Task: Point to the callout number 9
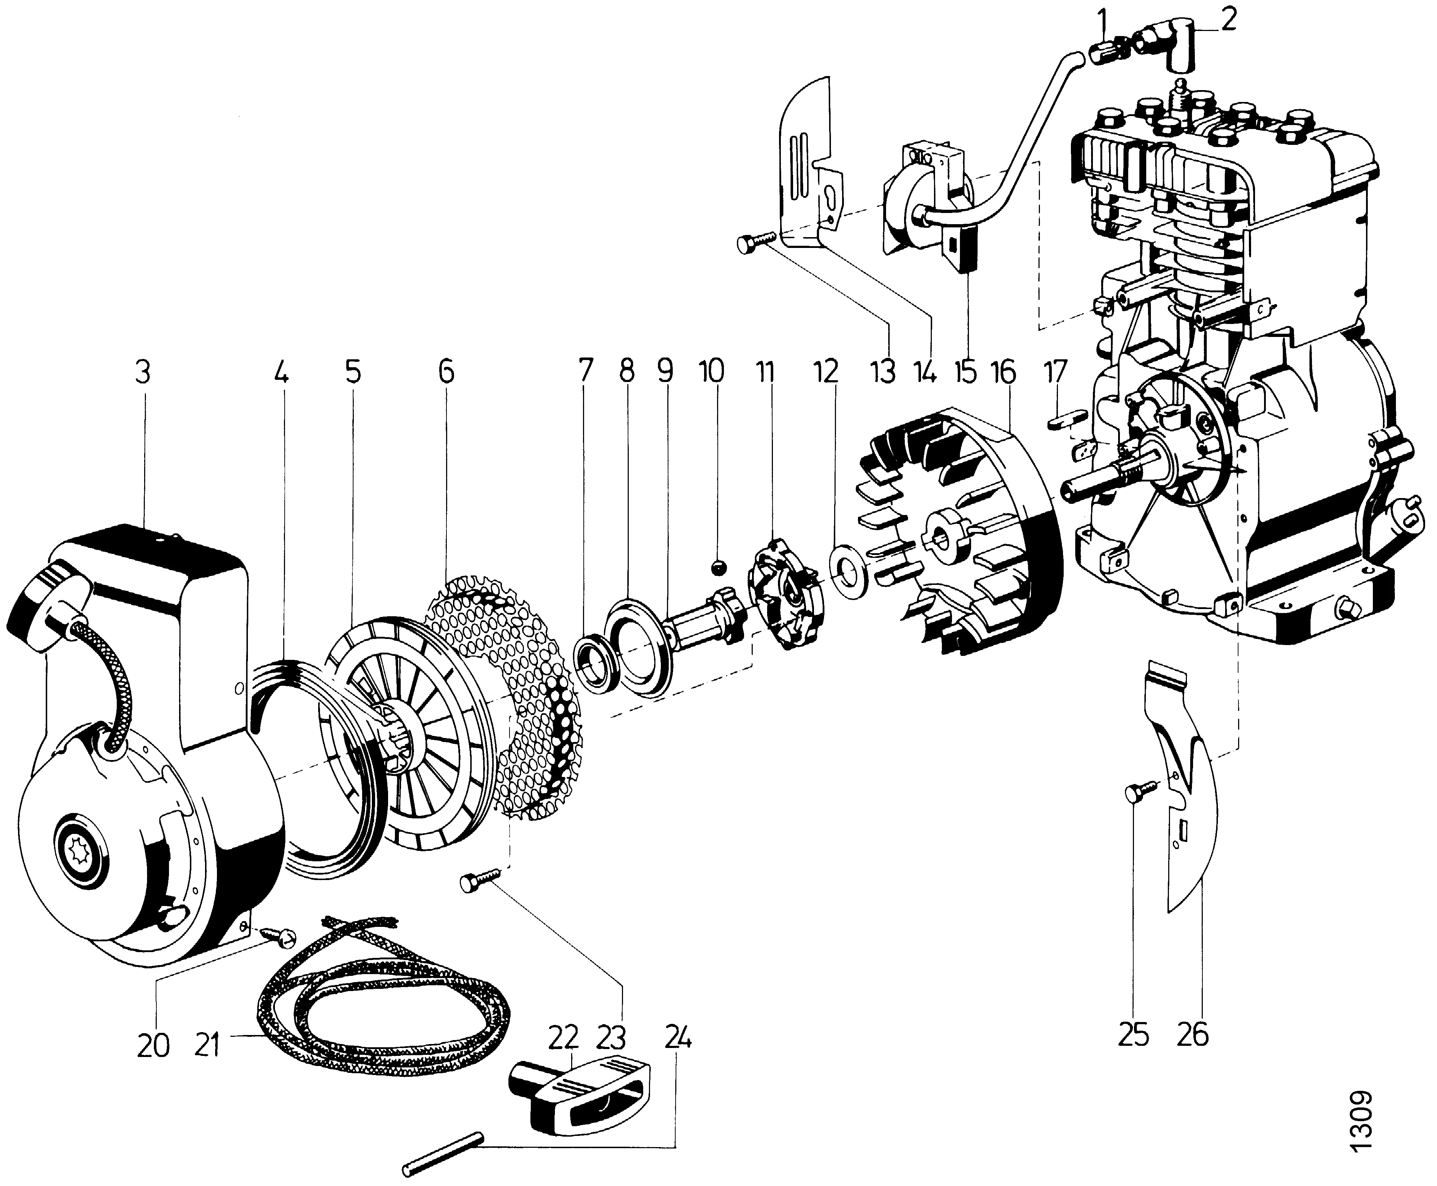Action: click(665, 373)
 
